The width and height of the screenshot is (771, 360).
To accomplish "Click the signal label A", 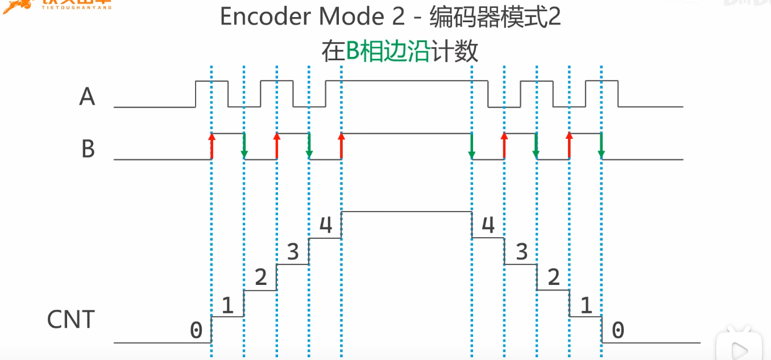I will (87, 97).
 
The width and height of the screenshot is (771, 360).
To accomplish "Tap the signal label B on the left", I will (88, 149).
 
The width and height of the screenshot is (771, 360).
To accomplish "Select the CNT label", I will (71, 320).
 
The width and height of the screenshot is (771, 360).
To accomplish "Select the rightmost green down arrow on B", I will (602, 147).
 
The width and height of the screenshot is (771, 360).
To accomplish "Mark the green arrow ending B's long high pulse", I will (472, 147).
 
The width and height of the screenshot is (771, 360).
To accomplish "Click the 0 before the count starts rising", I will (196, 330).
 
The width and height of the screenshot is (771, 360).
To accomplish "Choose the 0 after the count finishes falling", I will (617, 330).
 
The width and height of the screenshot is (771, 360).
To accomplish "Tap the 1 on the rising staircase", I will (227, 306).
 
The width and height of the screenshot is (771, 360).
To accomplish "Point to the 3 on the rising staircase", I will (293, 251).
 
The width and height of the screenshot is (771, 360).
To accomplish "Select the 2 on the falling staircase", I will (553, 278).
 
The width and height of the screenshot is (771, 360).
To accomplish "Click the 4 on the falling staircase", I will (488, 225).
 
